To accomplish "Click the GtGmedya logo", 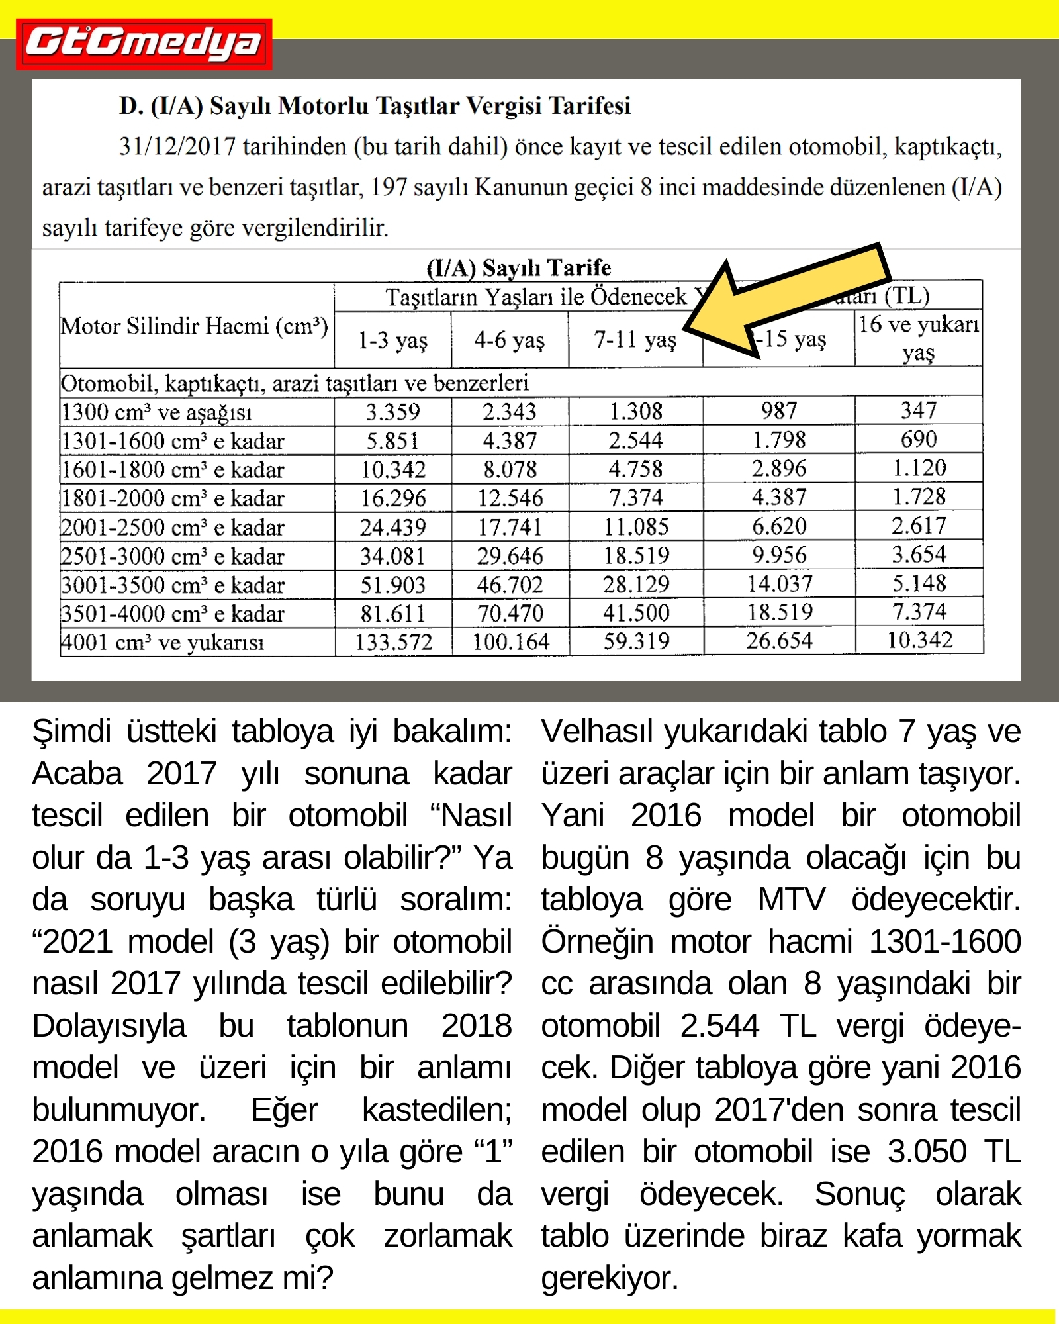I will click(144, 44).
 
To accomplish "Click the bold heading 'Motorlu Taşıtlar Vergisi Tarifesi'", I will click(375, 106).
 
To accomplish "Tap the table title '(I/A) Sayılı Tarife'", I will click(518, 267).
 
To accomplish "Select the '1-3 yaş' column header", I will click(392, 340).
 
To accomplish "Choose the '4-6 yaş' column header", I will click(509, 340).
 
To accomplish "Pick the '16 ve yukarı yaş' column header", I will click(918, 338).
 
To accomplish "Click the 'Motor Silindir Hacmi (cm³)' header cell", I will click(195, 326).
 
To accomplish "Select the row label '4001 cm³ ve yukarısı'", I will click(163, 642).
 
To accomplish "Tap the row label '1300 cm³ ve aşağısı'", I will click(157, 412).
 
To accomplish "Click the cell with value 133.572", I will click(394, 642).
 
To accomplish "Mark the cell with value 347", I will click(919, 410).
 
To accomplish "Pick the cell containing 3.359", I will click(393, 412).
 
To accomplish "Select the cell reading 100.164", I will click(510, 642).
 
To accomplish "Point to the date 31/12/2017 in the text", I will click(177, 147).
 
